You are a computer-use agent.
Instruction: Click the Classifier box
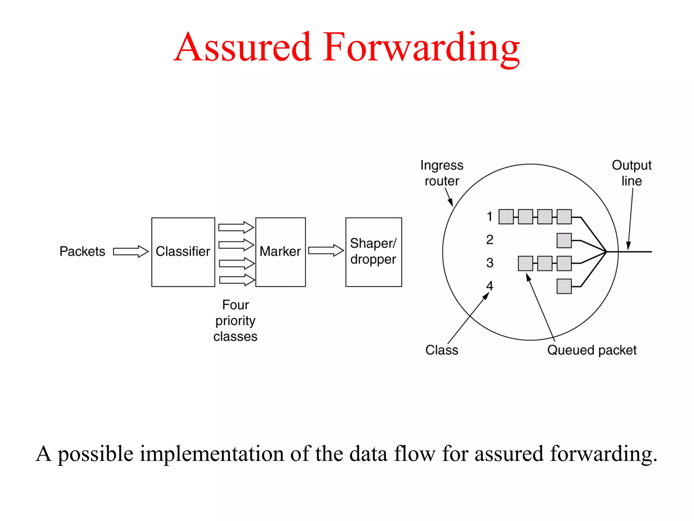[x=183, y=252]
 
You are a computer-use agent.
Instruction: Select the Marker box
[x=280, y=252]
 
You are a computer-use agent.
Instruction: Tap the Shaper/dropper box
[x=373, y=252]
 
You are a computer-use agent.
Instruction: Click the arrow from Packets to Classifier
[x=130, y=252]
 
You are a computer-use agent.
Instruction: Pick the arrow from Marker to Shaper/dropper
[x=326, y=251]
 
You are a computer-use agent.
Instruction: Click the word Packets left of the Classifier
[x=82, y=252]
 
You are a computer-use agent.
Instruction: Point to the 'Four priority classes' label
[x=236, y=321]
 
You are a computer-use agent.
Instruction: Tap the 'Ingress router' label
[x=442, y=173]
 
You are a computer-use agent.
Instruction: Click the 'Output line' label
[x=631, y=173]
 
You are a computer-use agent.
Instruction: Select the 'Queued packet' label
[x=592, y=350]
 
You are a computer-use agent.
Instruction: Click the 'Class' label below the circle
[x=442, y=350]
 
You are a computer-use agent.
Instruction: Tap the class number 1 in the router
[x=489, y=216]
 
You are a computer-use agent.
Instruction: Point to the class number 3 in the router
[x=490, y=263]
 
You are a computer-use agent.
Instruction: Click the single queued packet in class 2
[x=564, y=240]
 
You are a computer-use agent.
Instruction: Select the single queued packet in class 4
[x=564, y=286]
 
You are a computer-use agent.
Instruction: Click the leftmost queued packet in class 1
[x=506, y=217]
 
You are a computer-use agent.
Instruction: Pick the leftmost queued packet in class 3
[x=525, y=264]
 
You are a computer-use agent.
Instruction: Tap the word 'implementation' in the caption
[x=212, y=454]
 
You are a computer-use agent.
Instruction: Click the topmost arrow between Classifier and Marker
[x=236, y=227]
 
